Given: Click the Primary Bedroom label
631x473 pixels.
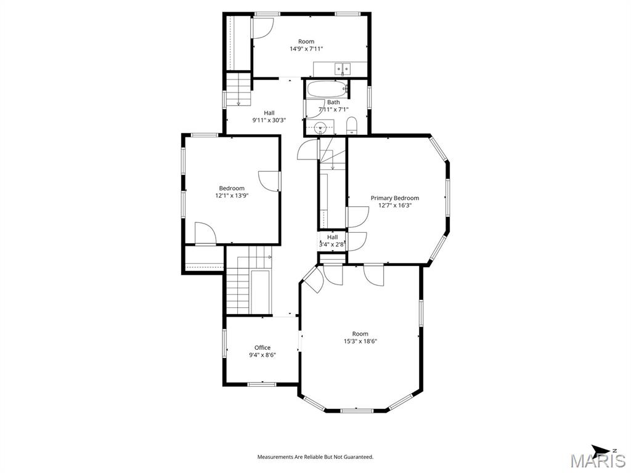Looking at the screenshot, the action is pos(394,198).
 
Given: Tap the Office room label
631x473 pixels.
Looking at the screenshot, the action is pos(263,347).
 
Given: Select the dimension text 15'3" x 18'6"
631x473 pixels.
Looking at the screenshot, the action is pos(360,341).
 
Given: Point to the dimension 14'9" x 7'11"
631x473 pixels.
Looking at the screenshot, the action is pos(306,49).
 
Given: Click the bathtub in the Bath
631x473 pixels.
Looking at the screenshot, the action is pos(327,89).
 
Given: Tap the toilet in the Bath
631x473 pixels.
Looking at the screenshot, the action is pos(352,126).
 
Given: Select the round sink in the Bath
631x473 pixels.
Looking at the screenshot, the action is pos(320,127).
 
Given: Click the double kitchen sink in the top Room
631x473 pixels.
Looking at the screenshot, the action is pos(342,68).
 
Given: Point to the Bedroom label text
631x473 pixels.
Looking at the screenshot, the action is pos(232,188).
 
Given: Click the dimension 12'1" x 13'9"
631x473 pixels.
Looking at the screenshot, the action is pos(232,195).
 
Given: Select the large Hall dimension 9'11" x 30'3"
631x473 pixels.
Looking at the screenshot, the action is pos(269,120).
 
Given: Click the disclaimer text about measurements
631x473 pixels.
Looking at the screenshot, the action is pos(315,457).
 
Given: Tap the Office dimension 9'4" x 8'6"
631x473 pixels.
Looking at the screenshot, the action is pos(263,355).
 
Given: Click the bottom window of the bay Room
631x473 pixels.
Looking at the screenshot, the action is pos(357,411).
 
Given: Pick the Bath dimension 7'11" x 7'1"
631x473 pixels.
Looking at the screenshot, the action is pos(333,109).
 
